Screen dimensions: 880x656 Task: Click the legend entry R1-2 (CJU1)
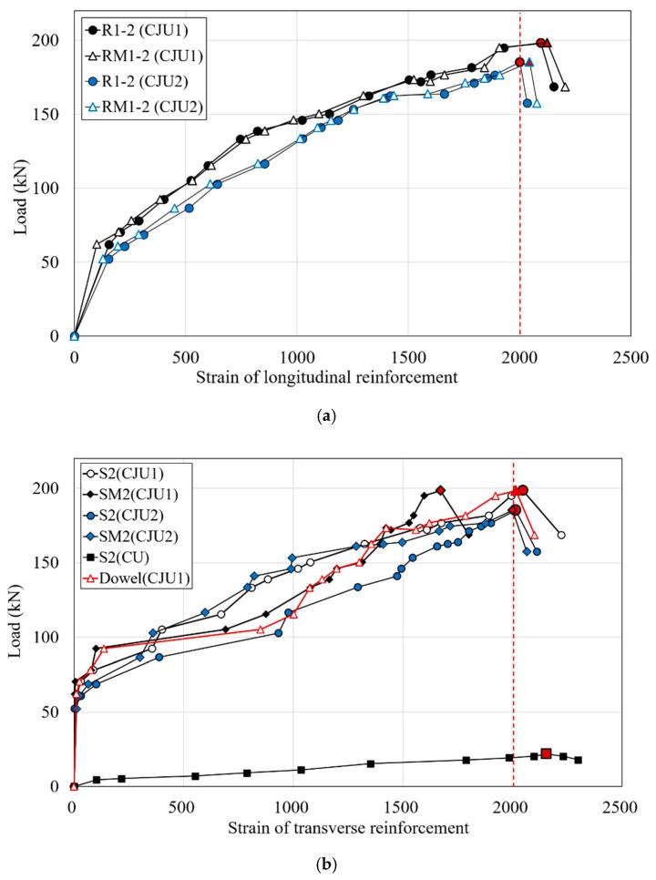(x=137, y=28)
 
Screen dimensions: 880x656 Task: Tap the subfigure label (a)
(x=328, y=415)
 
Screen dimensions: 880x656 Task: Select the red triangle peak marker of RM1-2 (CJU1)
(x=547, y=43)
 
